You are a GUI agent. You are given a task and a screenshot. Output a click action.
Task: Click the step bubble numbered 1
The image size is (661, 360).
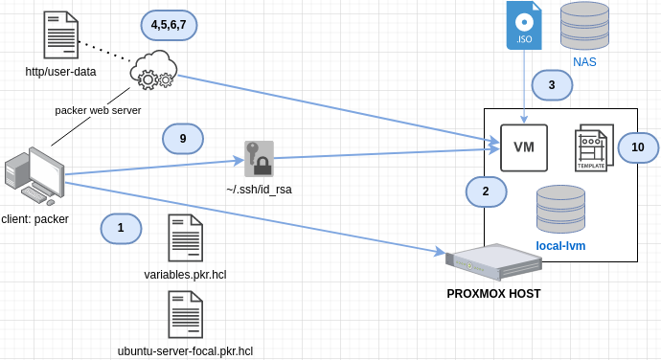coord(121,228)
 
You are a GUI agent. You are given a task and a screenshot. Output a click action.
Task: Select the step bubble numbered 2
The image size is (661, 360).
coord(486,191)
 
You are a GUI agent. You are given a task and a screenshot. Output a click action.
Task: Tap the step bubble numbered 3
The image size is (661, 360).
coord(552,85)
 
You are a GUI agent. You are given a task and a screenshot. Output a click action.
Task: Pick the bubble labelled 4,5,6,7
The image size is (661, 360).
coord(169,23)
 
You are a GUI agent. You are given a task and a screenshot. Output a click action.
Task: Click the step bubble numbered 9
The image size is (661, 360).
coord(183,139)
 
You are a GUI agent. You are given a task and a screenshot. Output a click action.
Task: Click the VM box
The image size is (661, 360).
coord(524,147)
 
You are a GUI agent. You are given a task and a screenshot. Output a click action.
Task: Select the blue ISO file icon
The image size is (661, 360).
coord(524,26)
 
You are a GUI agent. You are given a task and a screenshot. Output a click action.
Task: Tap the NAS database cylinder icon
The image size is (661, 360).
coord(584,26)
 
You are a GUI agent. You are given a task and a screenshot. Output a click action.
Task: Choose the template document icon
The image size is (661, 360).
coord(594,147)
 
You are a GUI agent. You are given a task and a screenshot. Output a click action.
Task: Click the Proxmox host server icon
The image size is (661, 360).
coord(493,261)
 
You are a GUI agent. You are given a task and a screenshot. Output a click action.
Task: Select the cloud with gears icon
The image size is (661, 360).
coord(154,70)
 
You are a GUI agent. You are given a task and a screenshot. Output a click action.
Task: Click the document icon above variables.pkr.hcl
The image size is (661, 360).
coord(185,238)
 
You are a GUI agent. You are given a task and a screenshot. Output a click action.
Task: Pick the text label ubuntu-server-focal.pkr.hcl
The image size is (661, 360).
coord(185,351)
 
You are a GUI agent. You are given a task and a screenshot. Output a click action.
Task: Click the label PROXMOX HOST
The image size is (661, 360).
coord(493,293)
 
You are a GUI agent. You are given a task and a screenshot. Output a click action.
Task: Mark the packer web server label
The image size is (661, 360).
coord(98,110)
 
